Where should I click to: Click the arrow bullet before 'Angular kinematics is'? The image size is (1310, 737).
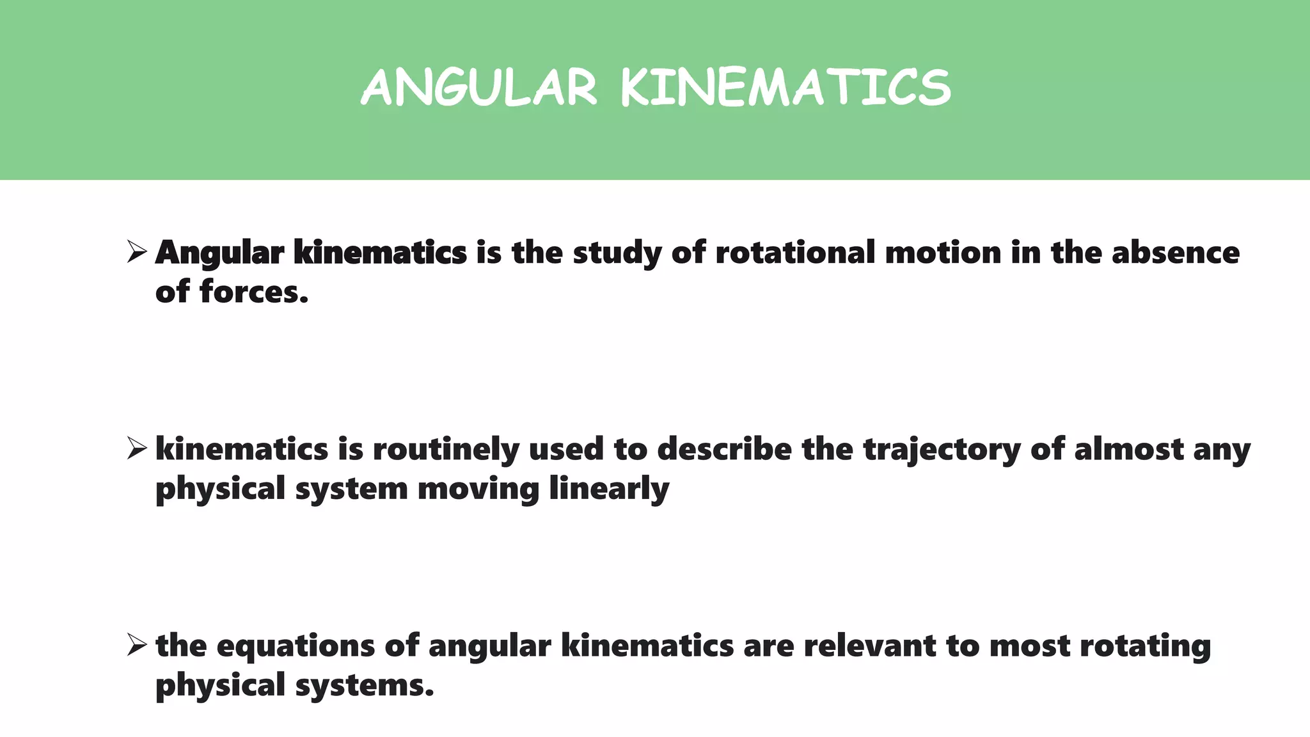click(137, 251)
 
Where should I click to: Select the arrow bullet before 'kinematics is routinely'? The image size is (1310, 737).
click(137, 448)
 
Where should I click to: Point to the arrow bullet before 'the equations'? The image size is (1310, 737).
click(137, 644)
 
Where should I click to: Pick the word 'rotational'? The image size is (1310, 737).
click(795, 252)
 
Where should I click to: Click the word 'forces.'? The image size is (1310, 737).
click(254, 292)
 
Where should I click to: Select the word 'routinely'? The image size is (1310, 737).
click(445, 449)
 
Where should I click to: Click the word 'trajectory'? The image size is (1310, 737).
click(942, 450)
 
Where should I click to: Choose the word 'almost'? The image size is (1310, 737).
click(1128, 448)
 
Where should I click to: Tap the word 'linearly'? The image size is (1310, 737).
click(609, 489)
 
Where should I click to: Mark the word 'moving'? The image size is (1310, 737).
click(478, 489)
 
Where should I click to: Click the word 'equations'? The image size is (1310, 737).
click(296, 646)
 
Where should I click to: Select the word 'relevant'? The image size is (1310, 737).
click(870, 645)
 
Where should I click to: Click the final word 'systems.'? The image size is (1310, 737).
click(365, 685)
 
